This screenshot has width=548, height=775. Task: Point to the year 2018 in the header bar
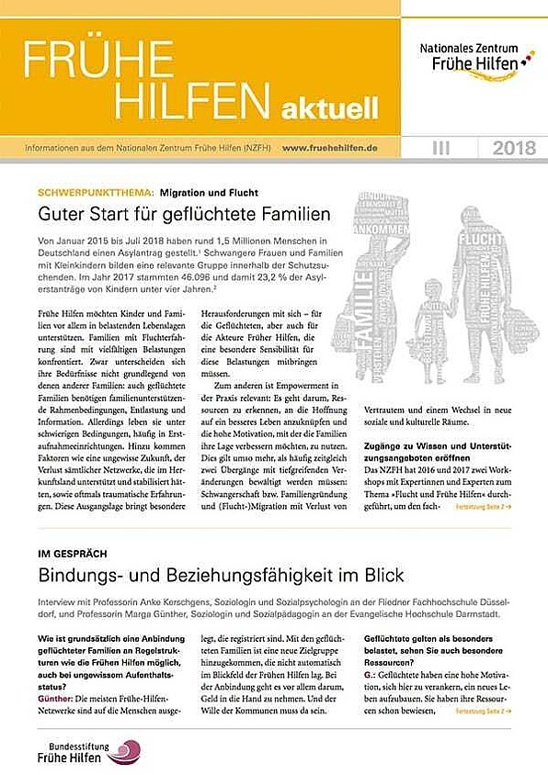(512, 147)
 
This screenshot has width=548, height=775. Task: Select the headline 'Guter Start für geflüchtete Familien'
(183, 216)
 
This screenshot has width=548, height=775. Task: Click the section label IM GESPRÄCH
(73, 556)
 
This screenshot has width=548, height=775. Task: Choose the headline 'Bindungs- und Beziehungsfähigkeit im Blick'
(221, 577)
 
